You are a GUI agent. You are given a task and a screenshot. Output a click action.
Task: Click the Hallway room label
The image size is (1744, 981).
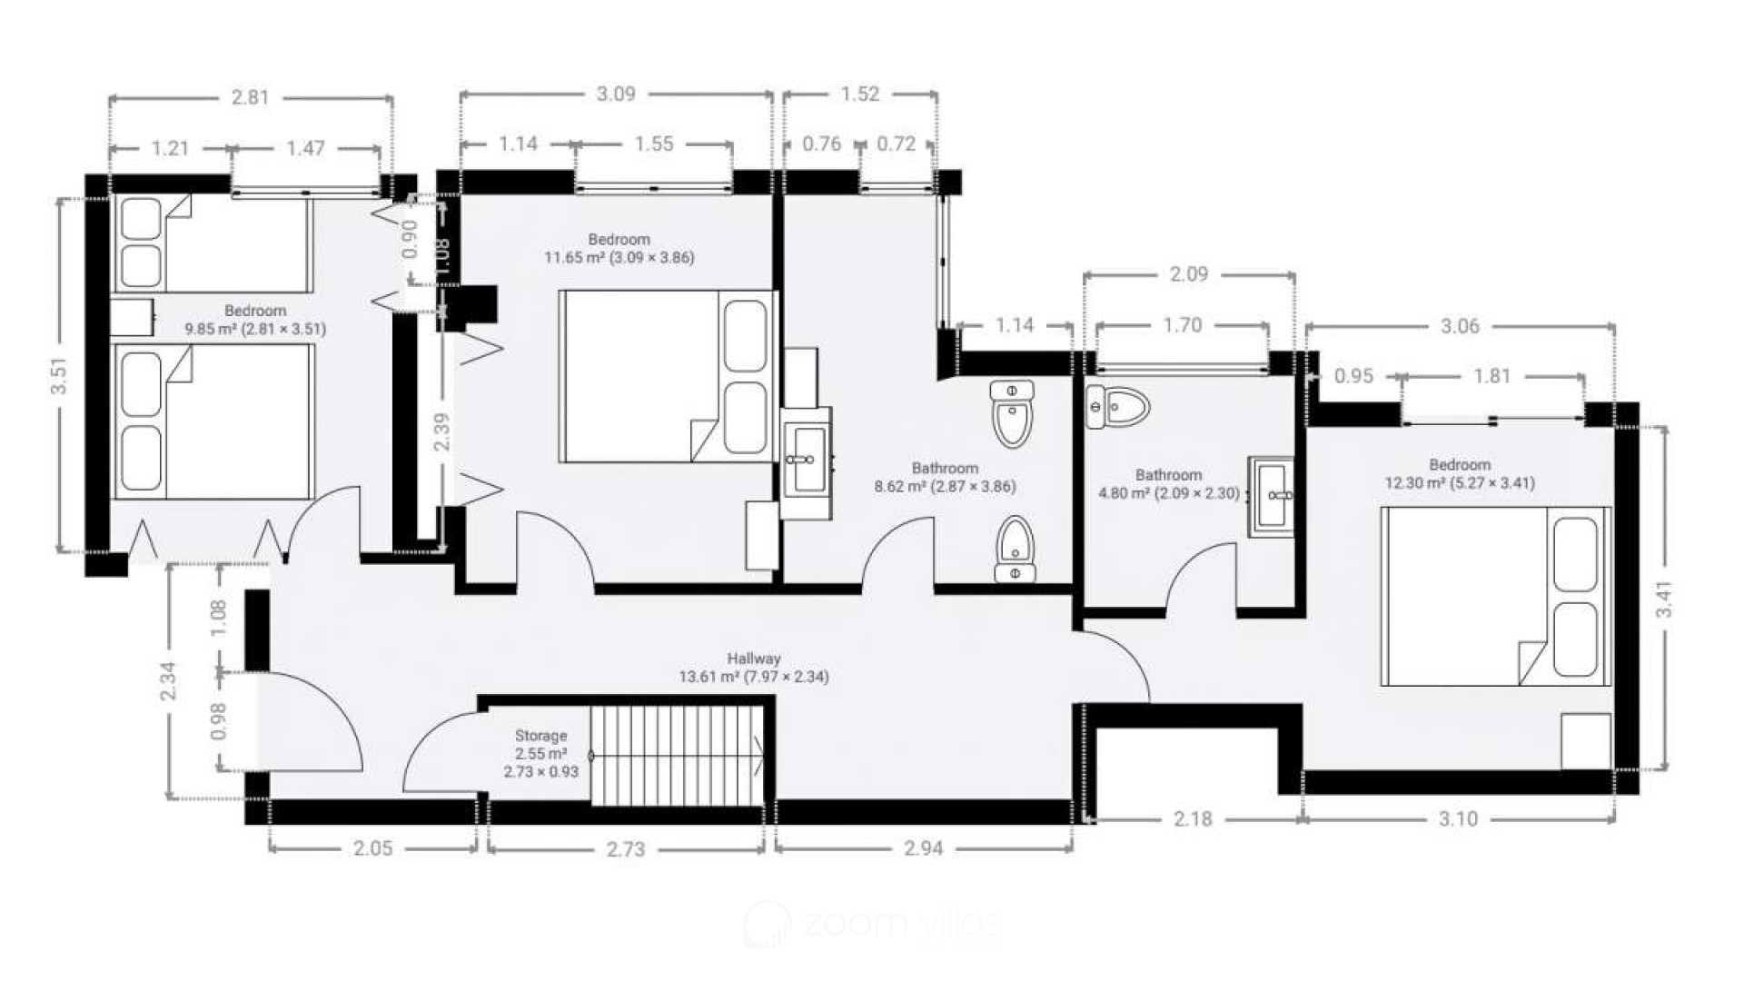754,659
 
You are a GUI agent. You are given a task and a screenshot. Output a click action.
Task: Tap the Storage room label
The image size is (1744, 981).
540,736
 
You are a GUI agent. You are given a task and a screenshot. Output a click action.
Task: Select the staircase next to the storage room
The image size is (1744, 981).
678,756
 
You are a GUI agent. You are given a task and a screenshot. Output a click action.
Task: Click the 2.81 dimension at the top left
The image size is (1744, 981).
251,96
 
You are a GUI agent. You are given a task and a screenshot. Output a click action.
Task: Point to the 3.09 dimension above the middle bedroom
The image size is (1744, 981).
616,94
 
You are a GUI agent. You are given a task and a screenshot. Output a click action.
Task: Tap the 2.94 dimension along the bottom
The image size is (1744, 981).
923,848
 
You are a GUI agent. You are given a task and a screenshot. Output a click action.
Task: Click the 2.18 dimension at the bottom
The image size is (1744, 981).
1193,818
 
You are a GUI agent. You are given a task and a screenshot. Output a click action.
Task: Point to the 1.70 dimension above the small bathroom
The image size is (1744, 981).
1183,325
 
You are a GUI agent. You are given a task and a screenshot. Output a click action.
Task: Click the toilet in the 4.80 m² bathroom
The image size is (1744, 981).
1117,408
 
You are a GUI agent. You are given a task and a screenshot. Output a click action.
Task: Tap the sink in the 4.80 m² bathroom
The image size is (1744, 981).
1272,496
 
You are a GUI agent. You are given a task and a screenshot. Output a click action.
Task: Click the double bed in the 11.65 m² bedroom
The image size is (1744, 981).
668,376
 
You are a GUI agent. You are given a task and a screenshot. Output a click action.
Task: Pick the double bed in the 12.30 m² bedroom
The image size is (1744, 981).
1495,596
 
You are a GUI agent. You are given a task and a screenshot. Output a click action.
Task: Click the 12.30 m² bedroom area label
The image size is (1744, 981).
1460,483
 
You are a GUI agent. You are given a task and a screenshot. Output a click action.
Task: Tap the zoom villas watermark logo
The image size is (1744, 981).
872,925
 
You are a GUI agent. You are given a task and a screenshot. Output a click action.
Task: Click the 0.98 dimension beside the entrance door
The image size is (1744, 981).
218,721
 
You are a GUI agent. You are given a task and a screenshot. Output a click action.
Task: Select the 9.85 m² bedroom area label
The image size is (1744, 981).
255,329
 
